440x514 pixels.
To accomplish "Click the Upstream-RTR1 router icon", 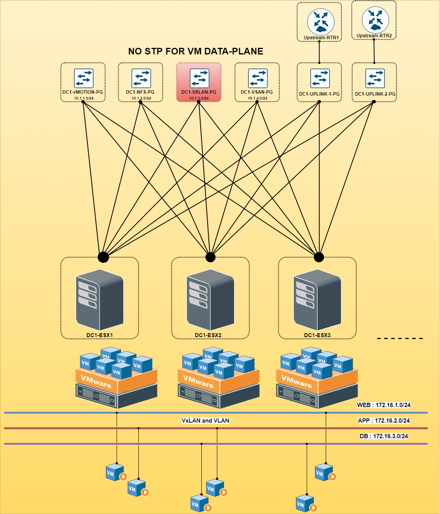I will tap(321, 22).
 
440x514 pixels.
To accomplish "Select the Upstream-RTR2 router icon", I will tap(375, 20).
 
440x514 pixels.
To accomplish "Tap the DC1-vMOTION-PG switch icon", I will tap(84, 78).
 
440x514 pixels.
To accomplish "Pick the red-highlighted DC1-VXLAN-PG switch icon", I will tap(199, 78).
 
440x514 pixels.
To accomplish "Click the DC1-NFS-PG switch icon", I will tap(141, 78).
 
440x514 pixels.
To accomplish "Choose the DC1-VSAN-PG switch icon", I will tap(258, 78).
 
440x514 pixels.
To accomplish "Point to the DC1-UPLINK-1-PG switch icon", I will tap(320, 78).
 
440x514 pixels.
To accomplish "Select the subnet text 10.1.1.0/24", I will tap(84, 98).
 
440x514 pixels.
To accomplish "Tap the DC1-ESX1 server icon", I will tap(100, 300).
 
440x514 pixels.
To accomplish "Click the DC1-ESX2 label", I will tap(208, 335).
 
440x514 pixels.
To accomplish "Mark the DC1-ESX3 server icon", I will tap(317, 300).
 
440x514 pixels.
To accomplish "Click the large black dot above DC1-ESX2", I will tap(210, 257).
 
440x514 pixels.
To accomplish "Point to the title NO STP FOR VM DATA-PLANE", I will tap(196, 51).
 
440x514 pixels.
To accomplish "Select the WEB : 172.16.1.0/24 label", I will tap(384, 405).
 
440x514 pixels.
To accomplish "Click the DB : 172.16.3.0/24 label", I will tap(384, 436).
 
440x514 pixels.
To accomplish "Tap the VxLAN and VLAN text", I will tap(205, 421).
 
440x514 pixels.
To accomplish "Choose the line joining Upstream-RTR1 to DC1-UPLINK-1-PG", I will tap(319, 52).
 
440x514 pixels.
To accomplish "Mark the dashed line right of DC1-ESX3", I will tap(400, 339).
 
